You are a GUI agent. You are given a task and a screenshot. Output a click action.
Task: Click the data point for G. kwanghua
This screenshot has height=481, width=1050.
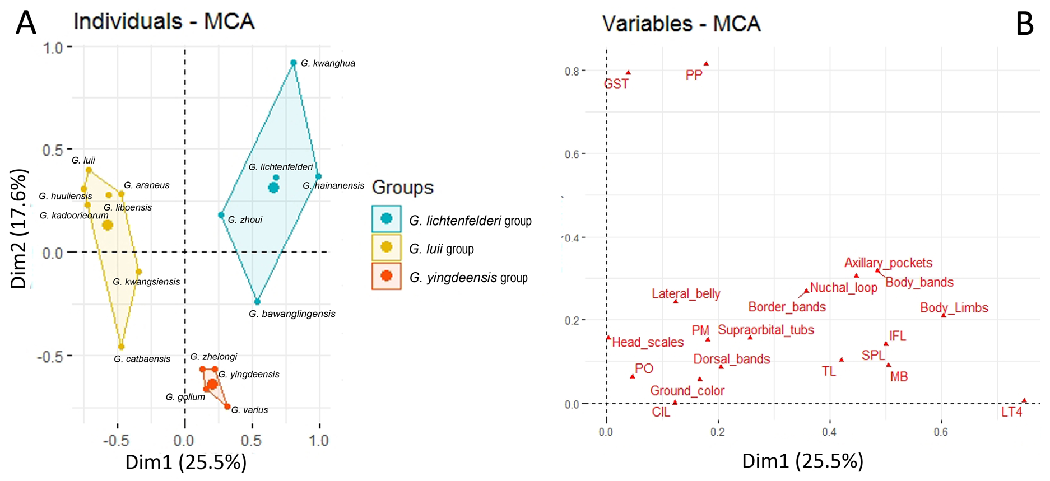(x=293, y=63)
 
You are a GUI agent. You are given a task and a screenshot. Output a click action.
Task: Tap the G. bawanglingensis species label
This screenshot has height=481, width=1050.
(x=292, y=314)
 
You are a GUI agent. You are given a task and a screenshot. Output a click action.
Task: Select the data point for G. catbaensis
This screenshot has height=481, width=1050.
(x=121, y=347)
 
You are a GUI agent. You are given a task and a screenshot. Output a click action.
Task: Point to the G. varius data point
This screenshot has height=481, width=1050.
(x=227, y=407)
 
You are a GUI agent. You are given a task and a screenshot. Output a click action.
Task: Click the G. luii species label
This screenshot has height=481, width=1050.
(x=83, y=160)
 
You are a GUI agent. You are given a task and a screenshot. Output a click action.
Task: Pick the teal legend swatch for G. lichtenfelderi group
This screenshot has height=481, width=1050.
(x=386, y=218)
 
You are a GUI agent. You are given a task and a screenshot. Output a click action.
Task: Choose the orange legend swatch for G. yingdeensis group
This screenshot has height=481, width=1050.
(x=386, y=275)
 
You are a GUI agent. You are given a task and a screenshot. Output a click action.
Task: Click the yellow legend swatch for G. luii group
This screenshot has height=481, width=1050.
(x=386, y=247)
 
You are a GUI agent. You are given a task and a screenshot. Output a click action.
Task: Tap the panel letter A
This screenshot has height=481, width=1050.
(x=26, y=24)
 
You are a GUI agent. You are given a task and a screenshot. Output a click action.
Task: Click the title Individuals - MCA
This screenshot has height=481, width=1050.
(x=164, y=22)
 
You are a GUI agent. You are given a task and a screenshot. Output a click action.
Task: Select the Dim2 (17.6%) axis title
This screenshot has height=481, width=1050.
(x=19, y=228)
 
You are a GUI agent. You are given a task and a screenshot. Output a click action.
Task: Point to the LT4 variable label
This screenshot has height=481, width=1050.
(x=1011, y=412)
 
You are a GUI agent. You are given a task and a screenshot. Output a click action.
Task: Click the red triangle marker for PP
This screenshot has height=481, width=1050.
(x=706, y=64)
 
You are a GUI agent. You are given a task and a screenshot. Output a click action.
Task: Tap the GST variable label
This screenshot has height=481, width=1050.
(x=616, y=84)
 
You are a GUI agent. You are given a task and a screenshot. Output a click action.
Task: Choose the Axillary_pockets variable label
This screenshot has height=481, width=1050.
(x=888, y=263)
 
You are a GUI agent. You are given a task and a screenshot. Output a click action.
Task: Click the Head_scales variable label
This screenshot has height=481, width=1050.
(x=648, y=342)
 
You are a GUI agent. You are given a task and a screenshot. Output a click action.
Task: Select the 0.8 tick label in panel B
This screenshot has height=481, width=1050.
(x=572, y=71)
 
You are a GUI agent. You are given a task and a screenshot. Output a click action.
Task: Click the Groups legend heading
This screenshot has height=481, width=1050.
(x=402, y=187)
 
